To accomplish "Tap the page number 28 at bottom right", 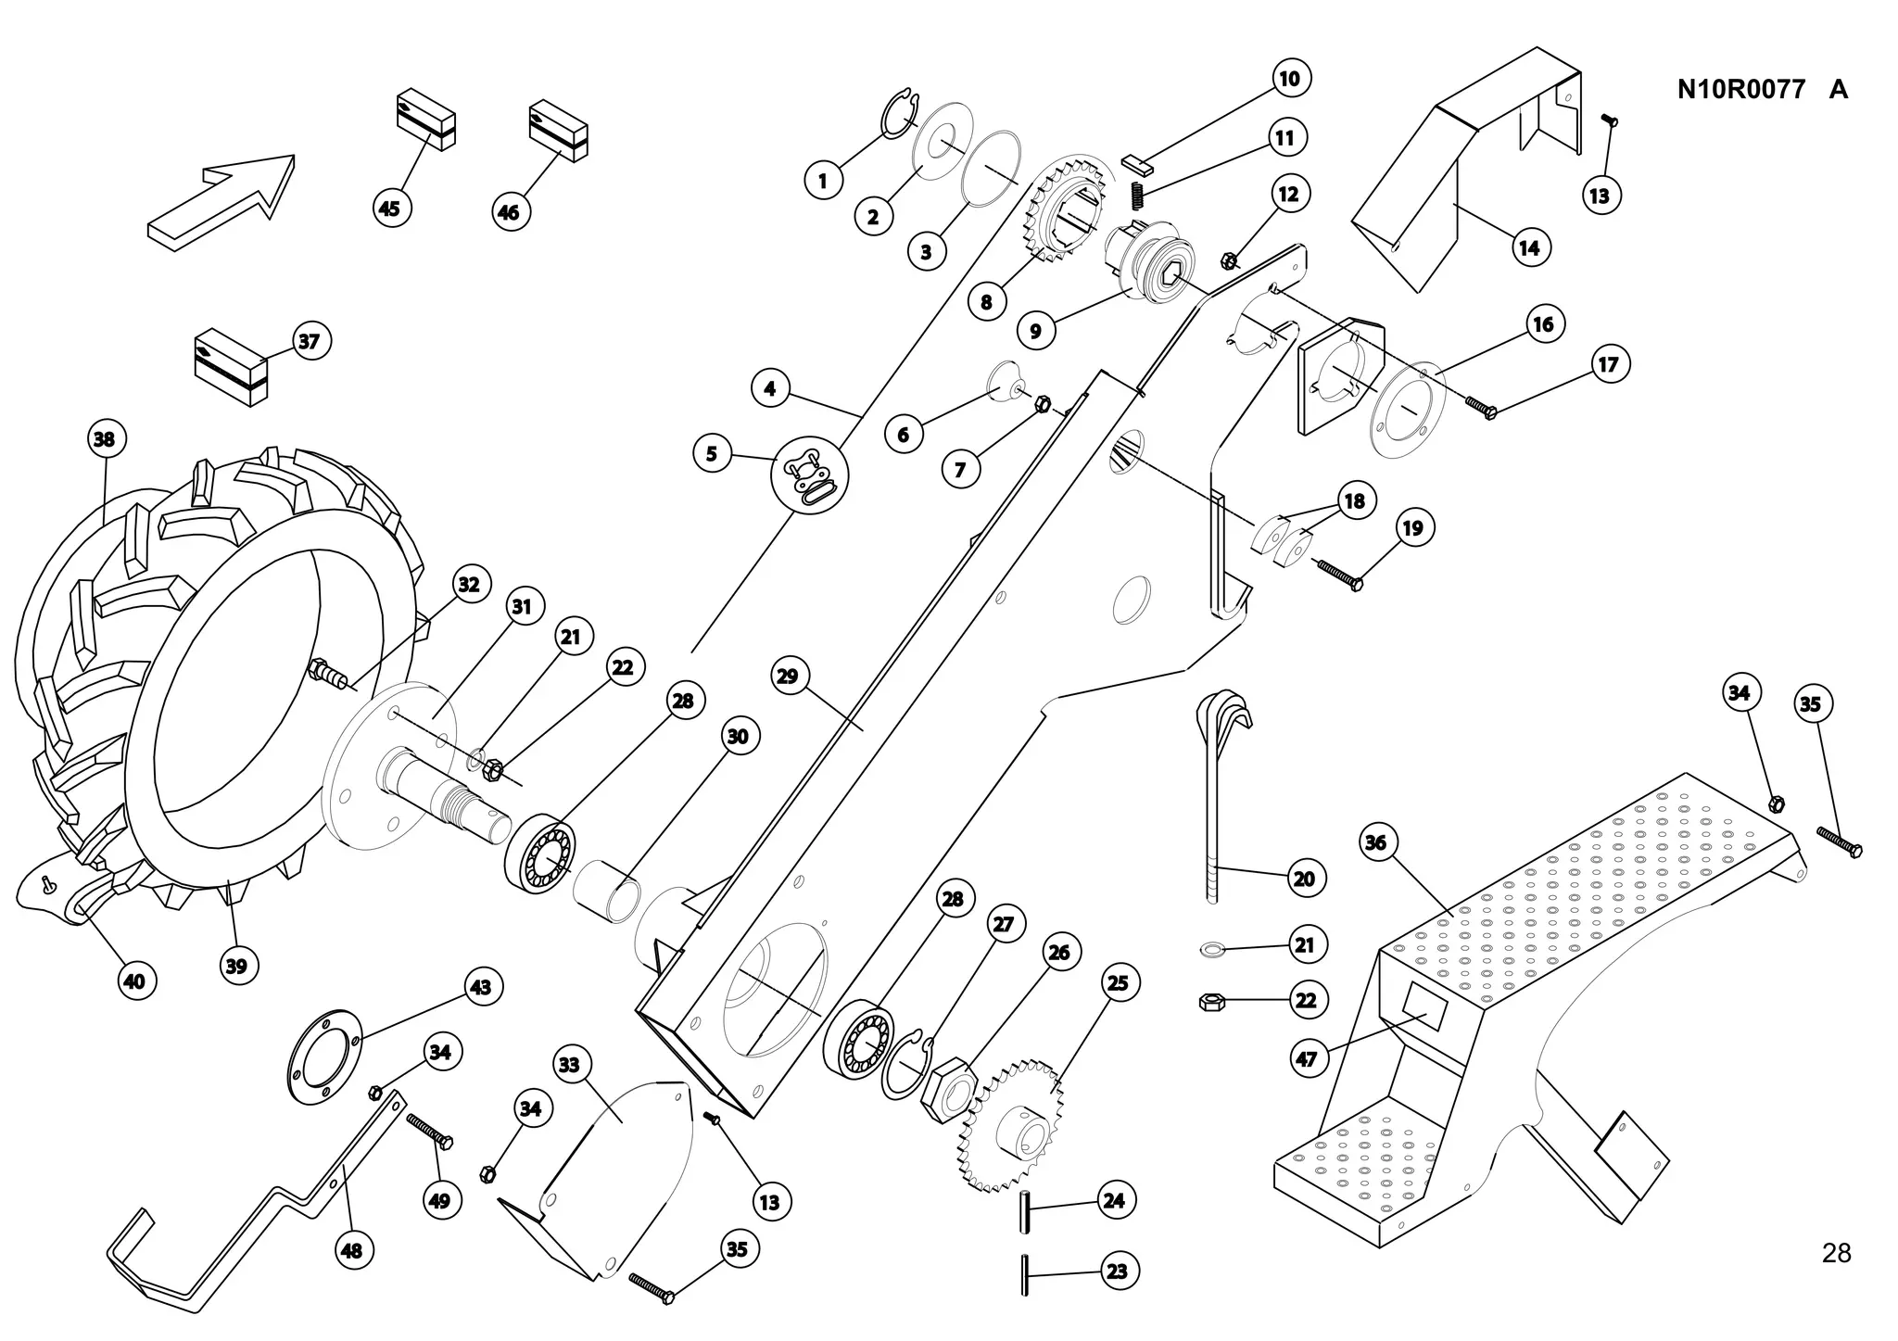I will (1835, 1253).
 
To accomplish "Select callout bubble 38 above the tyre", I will (104, 438).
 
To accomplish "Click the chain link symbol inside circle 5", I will (809, 475).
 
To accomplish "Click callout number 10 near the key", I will (1289, 78).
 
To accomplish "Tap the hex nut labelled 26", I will (946, 1091).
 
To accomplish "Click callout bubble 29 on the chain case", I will (787, 676).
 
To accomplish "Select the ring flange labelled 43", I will (323, 1056).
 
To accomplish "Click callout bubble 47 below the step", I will (1306, 1058).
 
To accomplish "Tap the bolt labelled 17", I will (1480, 407).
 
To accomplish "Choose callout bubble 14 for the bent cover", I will (1528, 247).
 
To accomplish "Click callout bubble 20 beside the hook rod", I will (1303, 879).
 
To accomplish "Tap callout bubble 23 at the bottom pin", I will (1117, 1271).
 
